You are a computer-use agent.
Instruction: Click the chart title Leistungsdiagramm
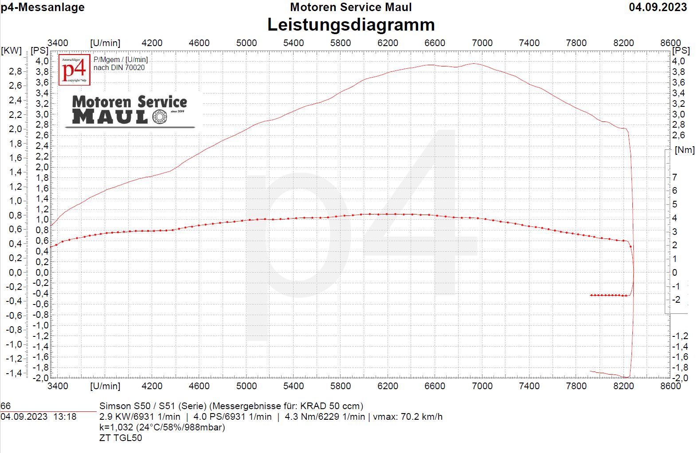pyautogui.click(x=351, y=25)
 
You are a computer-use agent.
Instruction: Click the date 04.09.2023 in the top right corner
pyautogui.click(x=658, y=7)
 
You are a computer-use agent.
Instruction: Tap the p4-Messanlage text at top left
pyautogui.click(x=43, y=7)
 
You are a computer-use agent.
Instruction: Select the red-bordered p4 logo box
pyautogui.click(x=75, y=70)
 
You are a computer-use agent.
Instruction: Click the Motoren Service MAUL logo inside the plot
pyautogui.click(x=129, y=111)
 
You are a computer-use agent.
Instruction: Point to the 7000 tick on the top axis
pyautogui.click(x=482, y=43)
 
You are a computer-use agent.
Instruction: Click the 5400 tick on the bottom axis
pyautogui.click(x=293, y=386)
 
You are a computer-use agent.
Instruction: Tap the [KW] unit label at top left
pyautogui.click(x=12, y=50)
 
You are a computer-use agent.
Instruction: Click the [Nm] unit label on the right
pyautogui.click(x=684, y=150)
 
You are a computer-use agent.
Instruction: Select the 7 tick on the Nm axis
pyautogui.click(x=674, y=177)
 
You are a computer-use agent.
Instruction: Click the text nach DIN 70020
pyautogui.click(x=119, y=68)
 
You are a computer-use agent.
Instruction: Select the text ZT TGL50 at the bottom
pyautogui.click(x=121, y=438)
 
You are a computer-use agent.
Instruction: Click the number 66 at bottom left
pyautogui.click(x=6, y=406)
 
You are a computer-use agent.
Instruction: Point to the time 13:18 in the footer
pyautogui.click(x=65, y=417)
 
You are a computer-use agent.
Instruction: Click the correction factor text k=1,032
pyautogui.click(x=117, y=427)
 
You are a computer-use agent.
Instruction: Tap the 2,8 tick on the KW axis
pyautogui.click(x=15, y=71)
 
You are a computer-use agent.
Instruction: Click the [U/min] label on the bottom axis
pyautogui.click(x=105, y=386)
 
